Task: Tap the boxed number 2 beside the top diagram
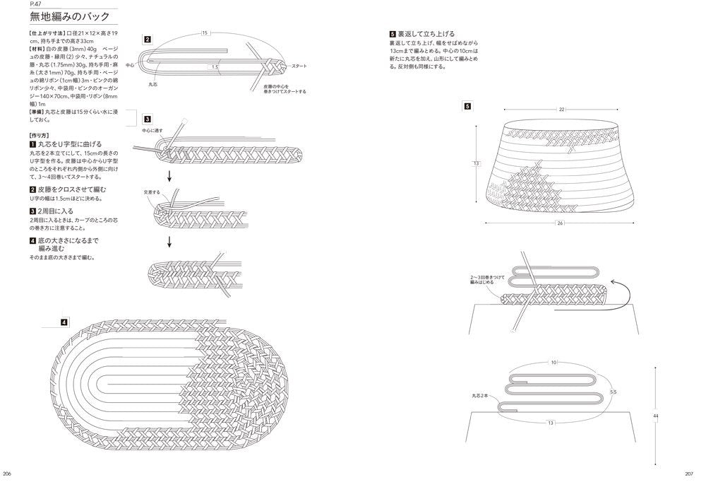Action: [x=146, y=40]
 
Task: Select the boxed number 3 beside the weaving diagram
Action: [x=146, y=119]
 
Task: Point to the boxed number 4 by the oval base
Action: [x=64, y=322]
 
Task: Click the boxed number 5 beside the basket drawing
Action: [x=466, y=106]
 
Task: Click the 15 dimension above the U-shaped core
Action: [x=205, y=33]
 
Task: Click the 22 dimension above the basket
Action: [x=561, y=110]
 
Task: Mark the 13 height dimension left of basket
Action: [x=477, y=163]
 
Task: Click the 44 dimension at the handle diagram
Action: [x=656, y=416]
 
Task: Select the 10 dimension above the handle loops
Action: [x=554, y=362]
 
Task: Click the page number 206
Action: [x=8, y=474]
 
